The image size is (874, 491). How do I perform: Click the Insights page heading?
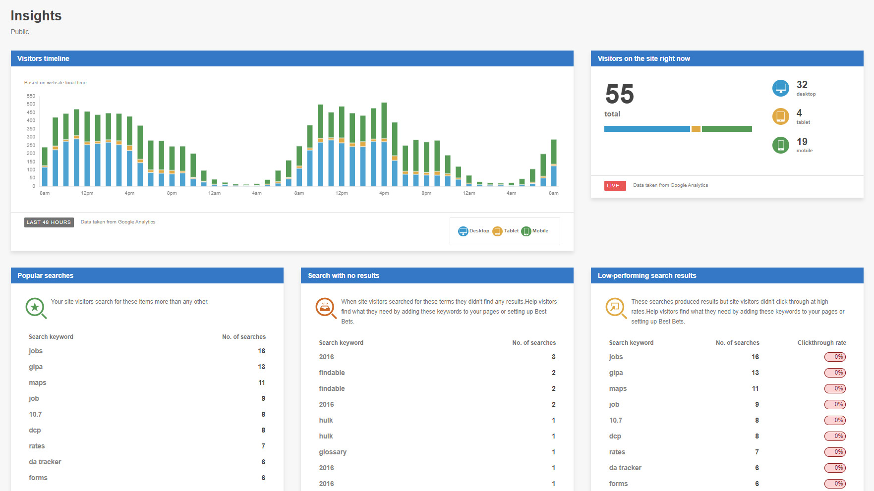[36, 16]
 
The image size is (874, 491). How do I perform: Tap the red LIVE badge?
[615, 186]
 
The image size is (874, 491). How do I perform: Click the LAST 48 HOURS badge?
[49, 222]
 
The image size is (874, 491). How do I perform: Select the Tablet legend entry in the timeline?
[506, 231]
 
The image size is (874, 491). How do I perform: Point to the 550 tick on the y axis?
[31, 96]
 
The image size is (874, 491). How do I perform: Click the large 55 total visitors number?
[619, 94]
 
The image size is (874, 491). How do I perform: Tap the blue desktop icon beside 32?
[780, 88]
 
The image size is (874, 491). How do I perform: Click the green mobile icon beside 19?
[780, 145]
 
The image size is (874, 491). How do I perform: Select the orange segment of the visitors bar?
[696, 129]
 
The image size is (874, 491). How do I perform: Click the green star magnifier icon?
[35, 308]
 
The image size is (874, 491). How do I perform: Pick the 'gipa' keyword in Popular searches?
[36, 367]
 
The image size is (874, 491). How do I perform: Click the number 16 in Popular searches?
[261, 351]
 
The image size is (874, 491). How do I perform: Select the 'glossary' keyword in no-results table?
[333, 452]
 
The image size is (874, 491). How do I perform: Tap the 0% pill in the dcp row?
[835, 436]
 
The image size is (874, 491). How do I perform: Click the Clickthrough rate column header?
[821, 343]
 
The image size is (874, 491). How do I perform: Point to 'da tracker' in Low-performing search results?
[625, 468]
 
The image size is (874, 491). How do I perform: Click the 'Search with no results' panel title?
[344, 276]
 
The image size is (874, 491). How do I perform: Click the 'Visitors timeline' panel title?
[43, 59]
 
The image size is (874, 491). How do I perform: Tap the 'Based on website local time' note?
[56, 83]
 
